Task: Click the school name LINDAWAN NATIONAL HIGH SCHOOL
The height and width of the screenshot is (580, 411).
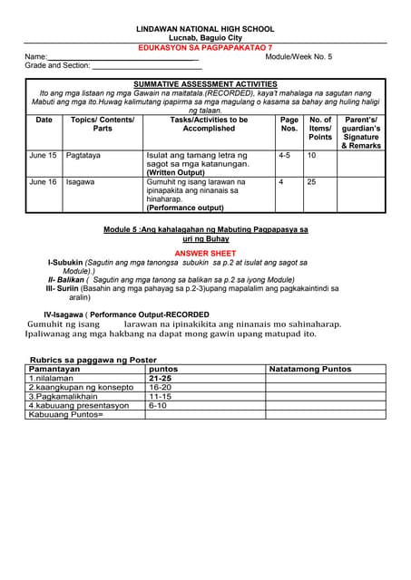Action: click(205, 30)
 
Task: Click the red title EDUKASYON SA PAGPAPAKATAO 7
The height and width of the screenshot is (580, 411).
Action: click(204, 47)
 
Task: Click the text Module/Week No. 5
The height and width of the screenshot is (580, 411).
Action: click(298, 56)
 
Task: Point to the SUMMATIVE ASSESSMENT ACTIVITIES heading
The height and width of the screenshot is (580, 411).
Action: click(205, 82)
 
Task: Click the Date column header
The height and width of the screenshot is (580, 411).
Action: click(44, 120)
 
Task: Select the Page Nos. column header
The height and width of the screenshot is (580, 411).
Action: click(289, 124)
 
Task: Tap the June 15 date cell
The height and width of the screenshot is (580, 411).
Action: click(43, 156)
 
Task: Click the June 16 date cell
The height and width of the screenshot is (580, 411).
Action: click(43, 182)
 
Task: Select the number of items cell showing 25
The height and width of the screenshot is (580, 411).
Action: click(314, 182)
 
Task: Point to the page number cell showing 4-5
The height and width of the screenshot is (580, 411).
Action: click(284, 156)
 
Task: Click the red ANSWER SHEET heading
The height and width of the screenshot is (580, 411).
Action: click(205, 253)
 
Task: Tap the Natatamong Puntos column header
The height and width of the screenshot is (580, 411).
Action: click(310, 370)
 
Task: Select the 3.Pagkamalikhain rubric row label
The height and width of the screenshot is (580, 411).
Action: click(63, 396)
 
